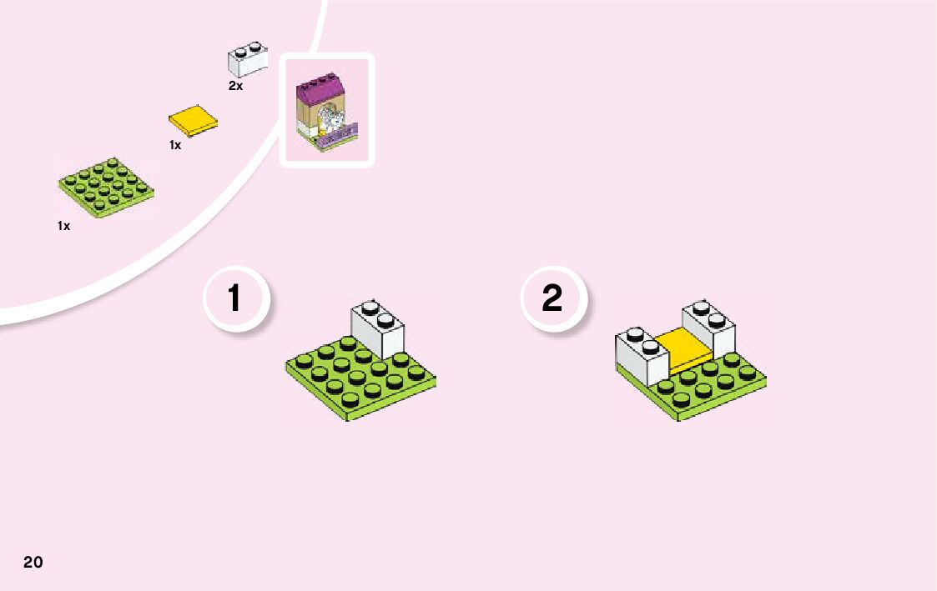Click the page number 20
coord(33,561)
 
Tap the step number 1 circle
coord(235,298)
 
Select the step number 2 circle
coord(552,298)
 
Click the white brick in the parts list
coord(247,60)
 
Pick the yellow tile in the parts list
coord(194,121)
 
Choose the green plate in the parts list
coord(106,186)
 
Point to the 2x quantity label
coord(235,87)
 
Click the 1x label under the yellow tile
coord(175,145)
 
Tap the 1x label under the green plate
coord(63,226)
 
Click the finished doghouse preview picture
coord(326,110)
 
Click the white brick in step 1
coord(377,327)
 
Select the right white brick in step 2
coord(709,327)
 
